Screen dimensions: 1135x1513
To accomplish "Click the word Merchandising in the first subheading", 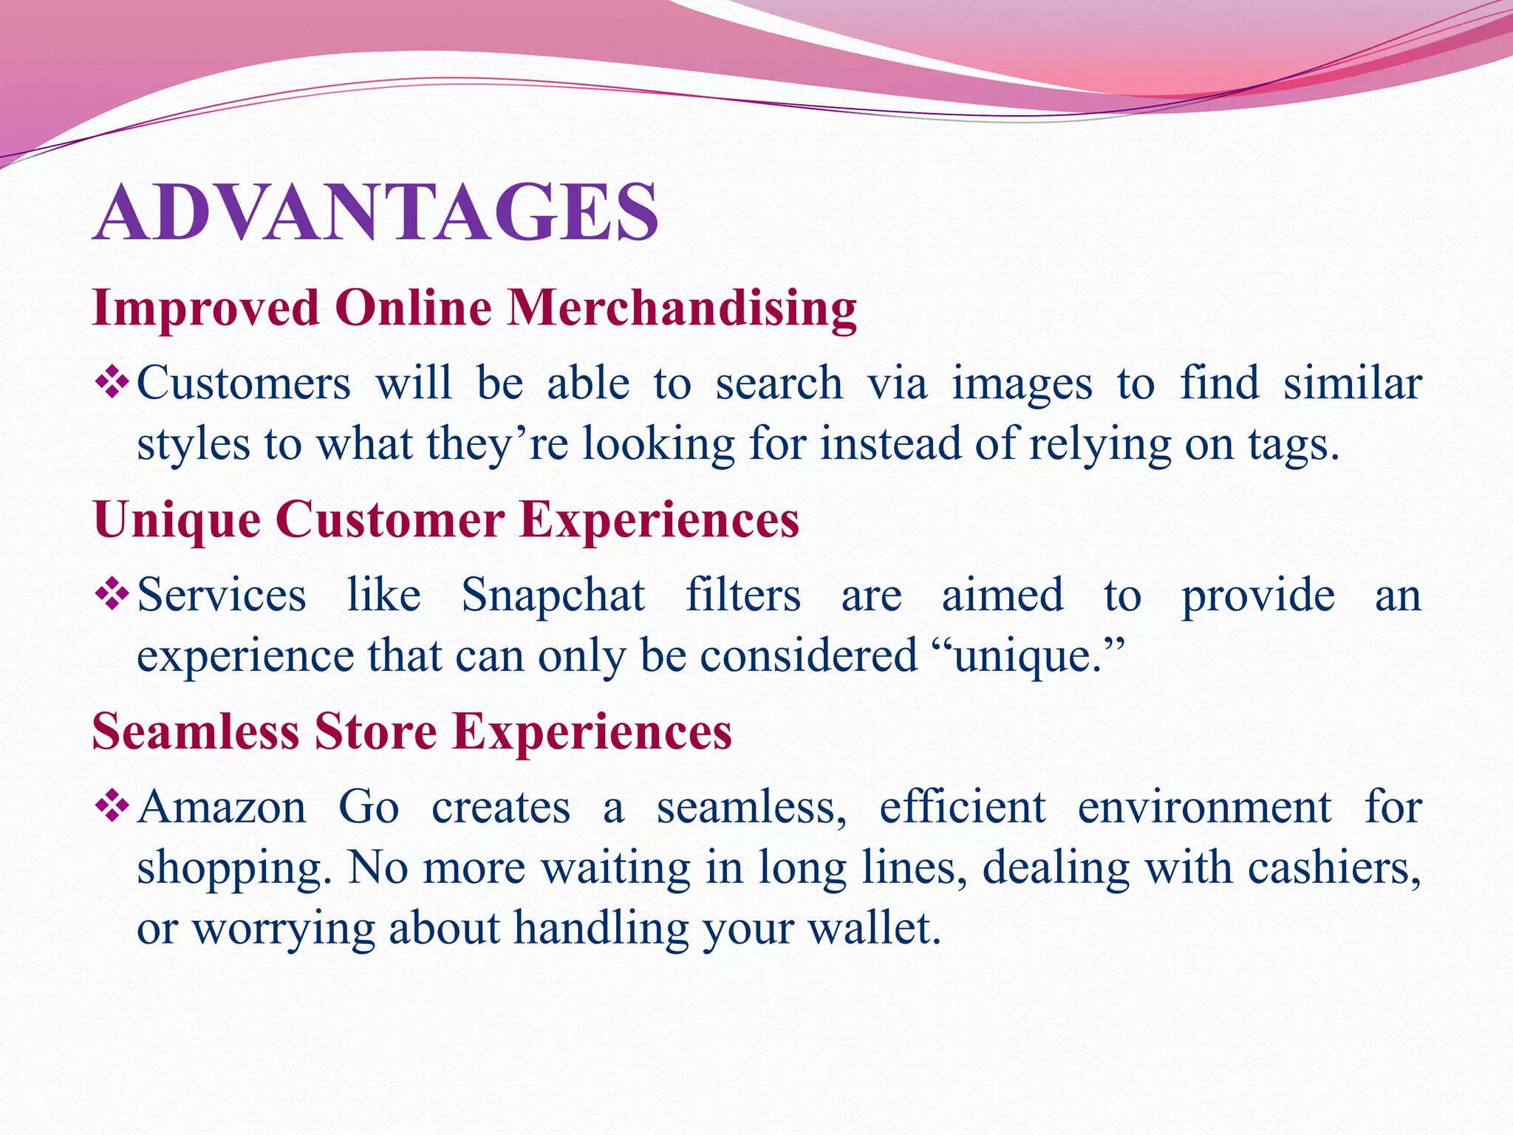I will point(681,307).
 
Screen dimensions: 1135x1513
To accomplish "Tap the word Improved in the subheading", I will point(205,307).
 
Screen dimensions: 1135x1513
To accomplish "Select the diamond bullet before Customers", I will point(112,384).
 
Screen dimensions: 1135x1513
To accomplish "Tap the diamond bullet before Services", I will point(112,595).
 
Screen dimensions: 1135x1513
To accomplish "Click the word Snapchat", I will point(553,596).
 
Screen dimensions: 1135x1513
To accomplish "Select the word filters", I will point(742,595).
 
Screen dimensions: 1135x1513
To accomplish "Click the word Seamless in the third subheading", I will point(195,731).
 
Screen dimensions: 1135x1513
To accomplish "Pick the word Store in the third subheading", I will point(375,731).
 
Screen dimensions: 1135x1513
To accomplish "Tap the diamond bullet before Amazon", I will point(112,806).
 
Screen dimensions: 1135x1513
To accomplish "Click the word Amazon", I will point(222,807).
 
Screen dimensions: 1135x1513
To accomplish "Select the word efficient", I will point(962,807).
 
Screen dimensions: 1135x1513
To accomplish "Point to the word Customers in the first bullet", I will point(244,384).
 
